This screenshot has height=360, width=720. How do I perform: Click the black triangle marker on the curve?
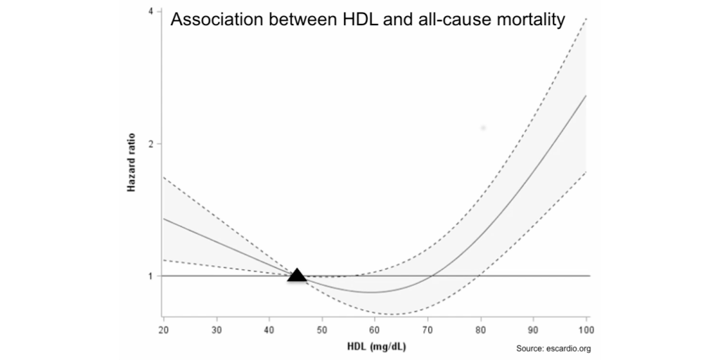pos(297,275)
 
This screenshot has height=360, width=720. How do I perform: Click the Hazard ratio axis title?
pos(131,162)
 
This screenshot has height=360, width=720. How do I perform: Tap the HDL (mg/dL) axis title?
pos(376,346)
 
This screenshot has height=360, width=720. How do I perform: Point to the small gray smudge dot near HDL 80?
pos(483,128)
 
